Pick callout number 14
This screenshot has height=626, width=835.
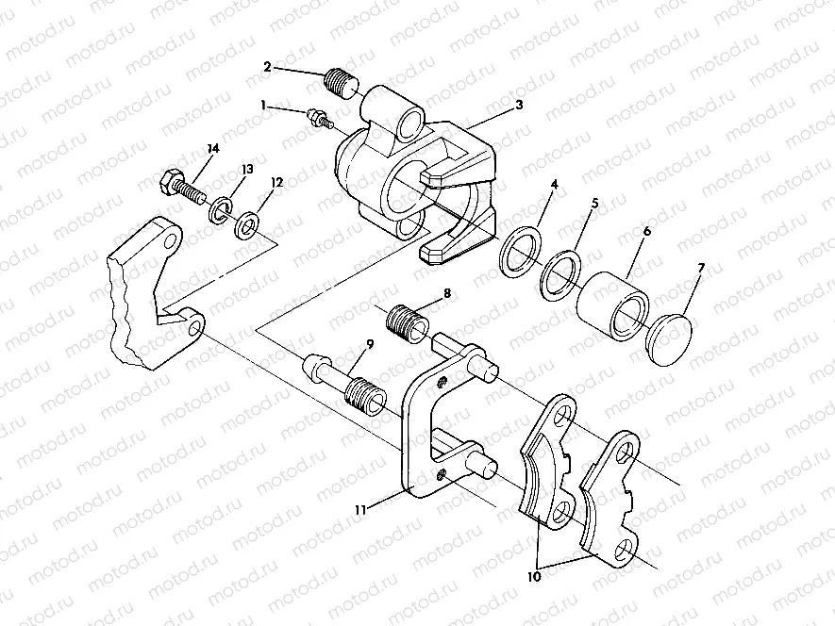(212, 149)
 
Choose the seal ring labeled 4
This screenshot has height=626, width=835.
(519, 252)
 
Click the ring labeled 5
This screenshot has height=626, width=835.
(560, 273)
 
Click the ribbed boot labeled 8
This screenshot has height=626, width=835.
(408, 323)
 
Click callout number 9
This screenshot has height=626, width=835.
(369, 342)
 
